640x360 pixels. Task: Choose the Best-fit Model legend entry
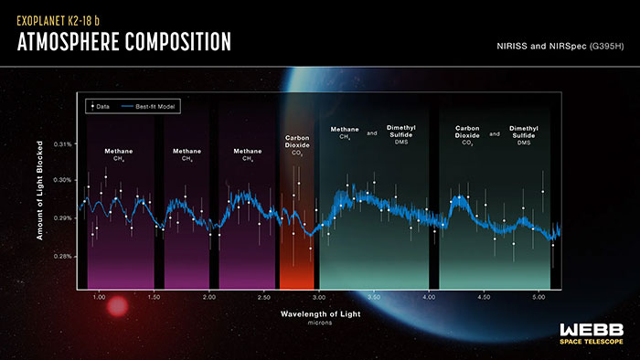pyautogui.click(x=154, y=107)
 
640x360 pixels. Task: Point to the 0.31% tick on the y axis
pyautogui.click(x=62, y=144)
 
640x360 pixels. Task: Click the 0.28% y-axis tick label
pyautogui.click(x=62, y=257)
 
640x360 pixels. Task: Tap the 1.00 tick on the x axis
pyautogui.click(x=100, y=297)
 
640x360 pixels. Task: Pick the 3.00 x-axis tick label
pyautogui.click(x=318, y=297)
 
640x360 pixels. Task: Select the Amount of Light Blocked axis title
pyautogui.click(x=40, y=197)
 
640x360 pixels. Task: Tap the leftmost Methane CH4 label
pyautogui.click(x=117, y=154)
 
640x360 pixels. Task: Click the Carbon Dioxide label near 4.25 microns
pyautogui.click(x=468, y=133)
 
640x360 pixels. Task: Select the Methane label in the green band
pyautogui.click(x=345, y=133)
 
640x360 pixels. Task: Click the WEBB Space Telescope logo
pyautogui.click(x=592, y=334)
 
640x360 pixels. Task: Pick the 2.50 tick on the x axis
pyautogui.click(x=263, y=297)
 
